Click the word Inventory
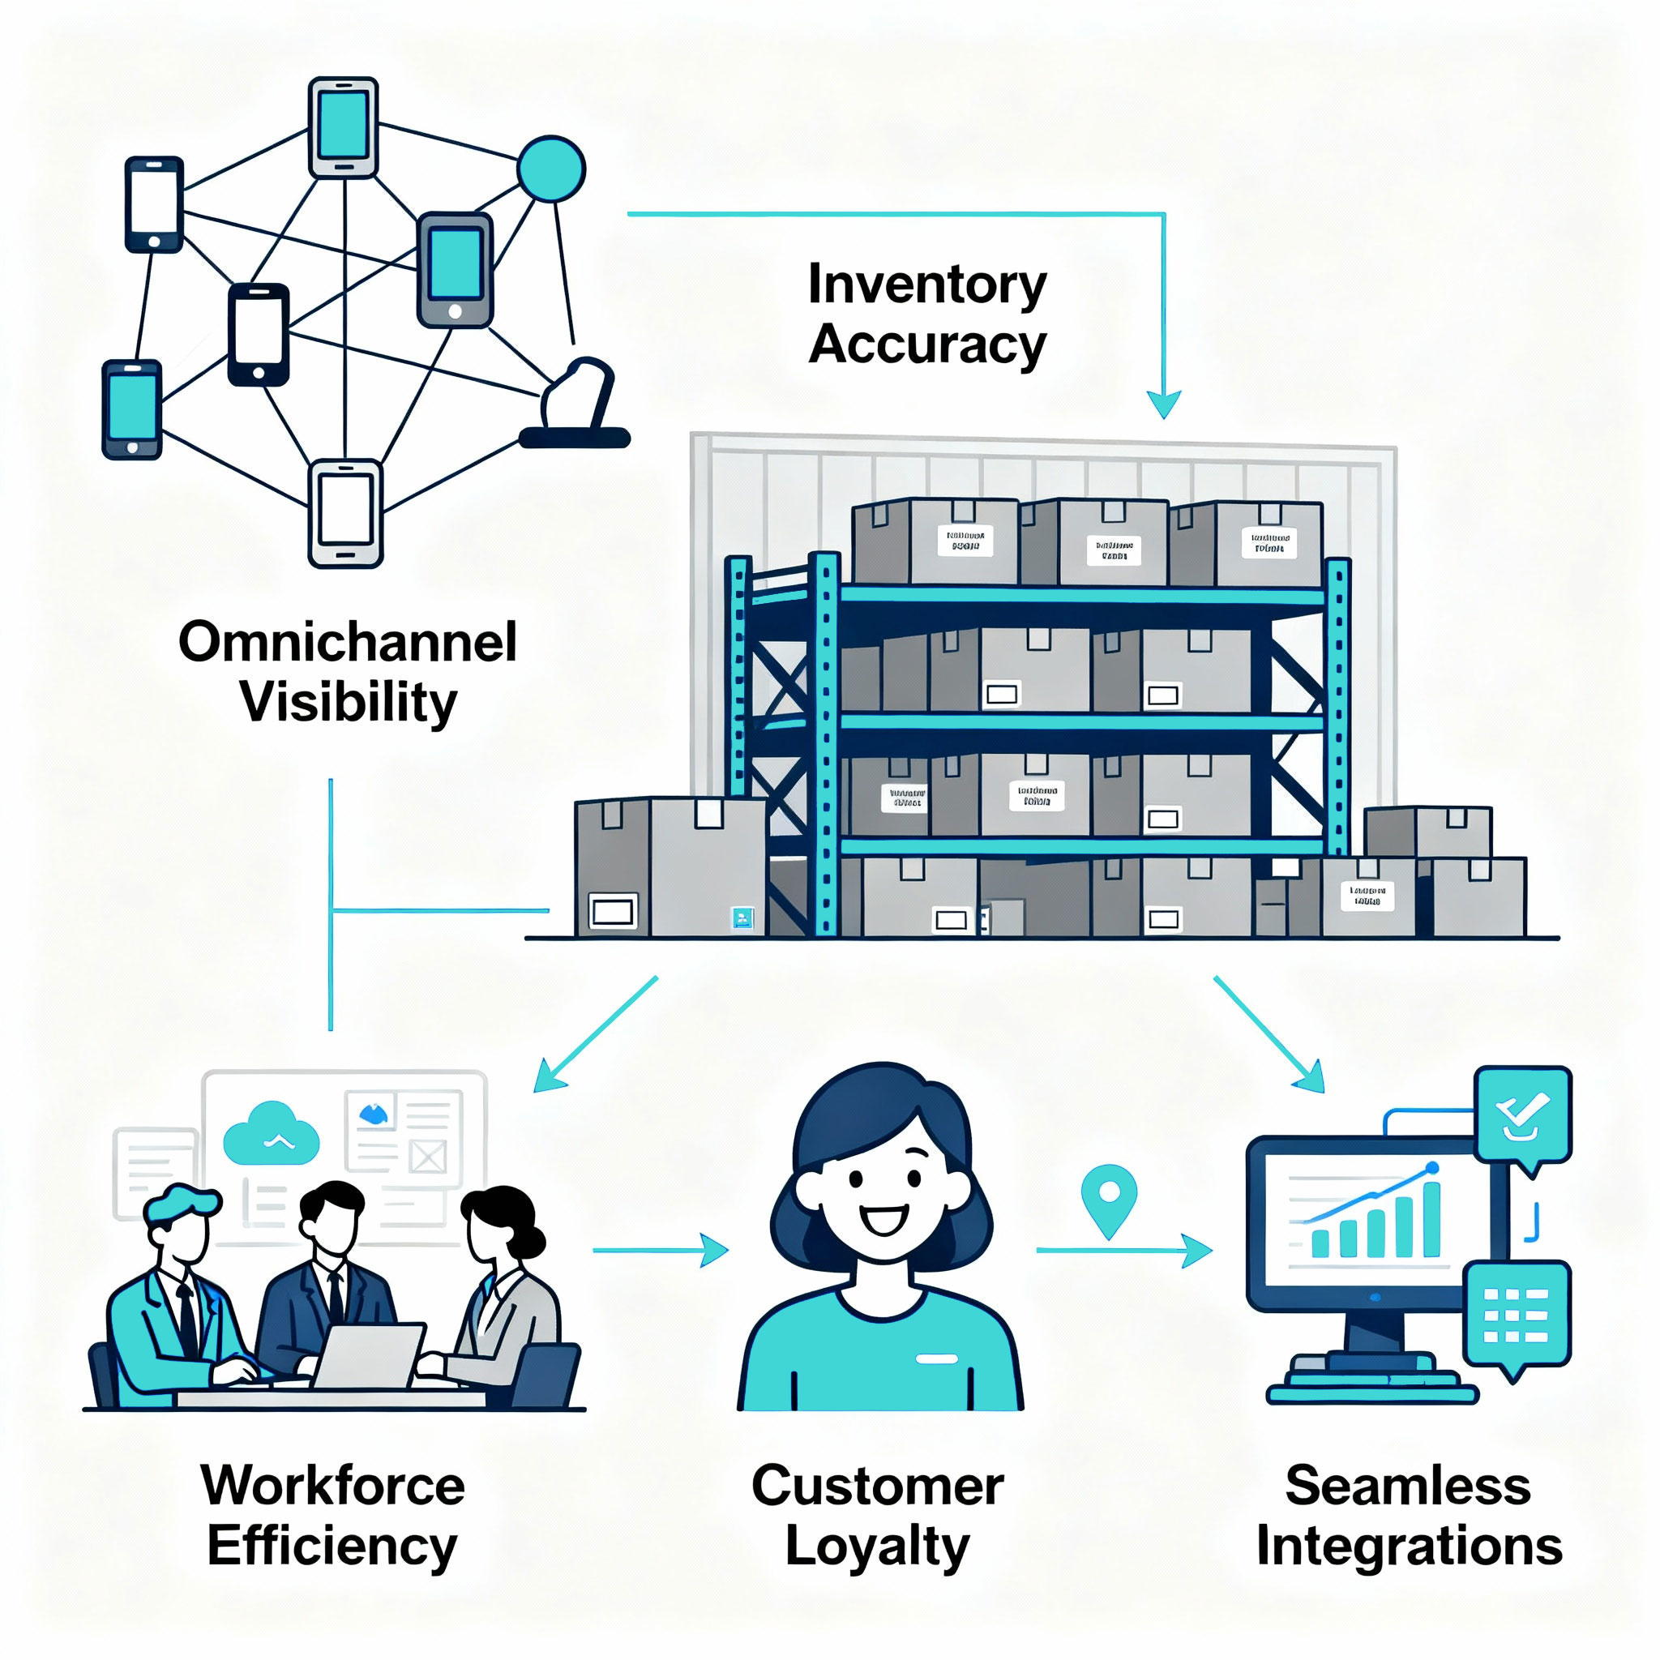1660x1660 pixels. click(x=927, y=285)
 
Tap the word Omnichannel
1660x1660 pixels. click(x=347, y=642)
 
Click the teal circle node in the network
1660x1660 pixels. click(x=550, y=169)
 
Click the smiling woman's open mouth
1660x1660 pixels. click(x=883, y=1219)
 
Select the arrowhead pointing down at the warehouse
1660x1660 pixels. click(x=1163, y=404)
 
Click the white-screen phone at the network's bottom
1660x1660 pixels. click(x=345, y=513)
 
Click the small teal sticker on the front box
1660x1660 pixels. click(x=742, y=918)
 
